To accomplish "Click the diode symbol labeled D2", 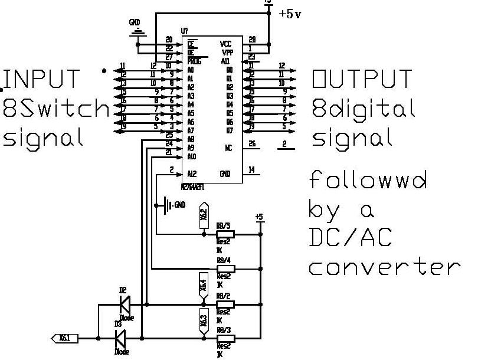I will [x=125, y=305].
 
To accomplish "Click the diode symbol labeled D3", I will [x=120, y=339].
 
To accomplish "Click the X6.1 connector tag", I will [x=63, y=339].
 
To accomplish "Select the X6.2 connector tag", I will [x=204, y=217].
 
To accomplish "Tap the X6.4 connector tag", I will [x=204, y=284].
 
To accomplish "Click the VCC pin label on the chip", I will [x=225, y=44].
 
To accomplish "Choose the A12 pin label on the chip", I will [x=191, y=174].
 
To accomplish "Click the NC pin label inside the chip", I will [x=228, y=148].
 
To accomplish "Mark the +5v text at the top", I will [x=290, y=14].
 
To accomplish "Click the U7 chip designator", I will [x=185, y=31].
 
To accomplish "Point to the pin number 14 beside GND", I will [x=251, y=170].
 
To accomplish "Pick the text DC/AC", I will [x=351, y=237].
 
